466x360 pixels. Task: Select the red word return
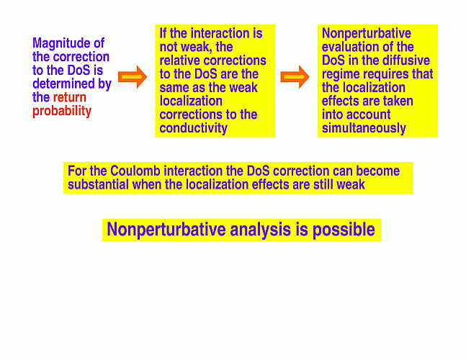pyautogui.click(x=70, y=97)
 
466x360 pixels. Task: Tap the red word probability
pyautogui.click(x=62, y=112)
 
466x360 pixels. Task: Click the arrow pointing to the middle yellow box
pyautogui.click(x=133, y=77)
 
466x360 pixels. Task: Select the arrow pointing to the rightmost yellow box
pyautogui.click(x=295, y=77)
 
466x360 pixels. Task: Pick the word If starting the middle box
pyautogui.click(x=163, y=33)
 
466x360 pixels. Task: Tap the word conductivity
pyautogui.click(x=194, y=128)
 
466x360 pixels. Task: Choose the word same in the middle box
pyautogui.click(x=173, y=88)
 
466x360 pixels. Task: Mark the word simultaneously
pyautogui.click(x=364, y=128)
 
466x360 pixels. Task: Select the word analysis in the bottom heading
pyautogui.click(x=260, y=230)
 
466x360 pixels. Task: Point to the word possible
pyautogui.click(x=344, y=230)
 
